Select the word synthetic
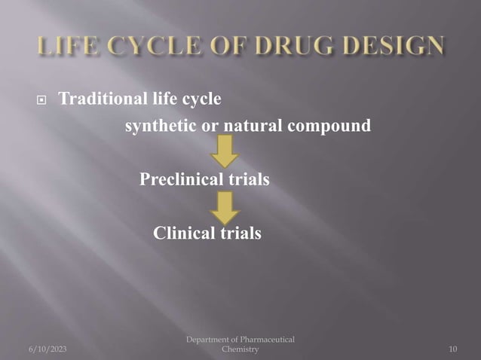pyautogui.click(x=156, y=126)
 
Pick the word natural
pyautogui.click(x=253, y=125)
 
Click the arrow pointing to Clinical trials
pyautogui.click(x=224, y=206)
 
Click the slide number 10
pyautogui.click(x=453, y=349)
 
